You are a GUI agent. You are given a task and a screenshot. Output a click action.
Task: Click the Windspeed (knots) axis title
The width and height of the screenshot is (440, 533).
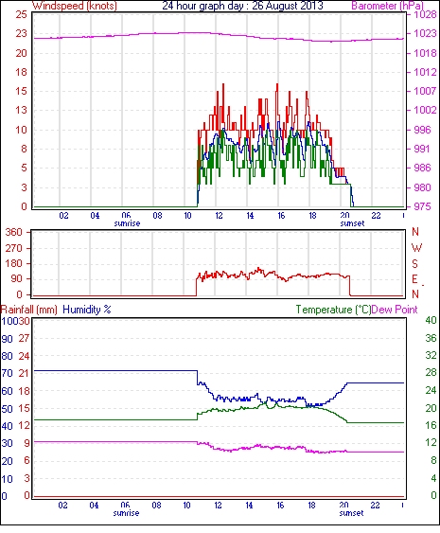pyautogui.click(x=75, y=6)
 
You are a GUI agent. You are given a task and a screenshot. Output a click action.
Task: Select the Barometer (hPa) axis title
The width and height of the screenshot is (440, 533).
pyautogui.click(x=388, y=6)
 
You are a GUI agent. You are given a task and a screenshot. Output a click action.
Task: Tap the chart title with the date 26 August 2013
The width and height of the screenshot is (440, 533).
pyautogui.click(x=242, y=6)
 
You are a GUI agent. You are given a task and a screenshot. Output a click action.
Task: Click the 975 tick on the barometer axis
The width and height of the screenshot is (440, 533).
pyautogui.click(x=422, y=206)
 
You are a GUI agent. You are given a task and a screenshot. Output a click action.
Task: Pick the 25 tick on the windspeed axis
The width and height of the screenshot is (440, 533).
pyautogui.click(x=21, y=14)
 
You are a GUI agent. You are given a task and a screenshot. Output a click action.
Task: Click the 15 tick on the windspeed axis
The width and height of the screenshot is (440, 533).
pyautogui.click(x=21, y=91)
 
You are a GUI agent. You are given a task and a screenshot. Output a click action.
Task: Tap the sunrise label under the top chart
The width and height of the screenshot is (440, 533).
pyautogui.click(x=127, y=223)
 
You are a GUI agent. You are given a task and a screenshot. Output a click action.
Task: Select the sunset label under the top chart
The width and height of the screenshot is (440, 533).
pyautogui.click(x=352, y=223)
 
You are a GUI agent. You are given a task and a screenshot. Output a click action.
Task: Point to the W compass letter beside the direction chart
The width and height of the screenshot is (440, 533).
pyautogui.click(x=416, y=248)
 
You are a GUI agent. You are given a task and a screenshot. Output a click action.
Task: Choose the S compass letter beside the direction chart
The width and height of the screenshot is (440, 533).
pyautogui.click(x=414, y=263)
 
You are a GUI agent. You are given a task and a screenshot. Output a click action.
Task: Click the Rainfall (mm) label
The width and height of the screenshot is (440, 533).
pyautogui.click(x=28, y=310)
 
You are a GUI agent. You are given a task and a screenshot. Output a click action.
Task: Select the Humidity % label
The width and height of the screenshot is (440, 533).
pyautogui.click(x=87, y=310)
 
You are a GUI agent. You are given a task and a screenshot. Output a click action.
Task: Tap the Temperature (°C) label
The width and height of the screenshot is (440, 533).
pyautogui.click(x=333, y=310)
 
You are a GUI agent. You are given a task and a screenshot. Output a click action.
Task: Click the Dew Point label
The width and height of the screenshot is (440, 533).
pyautogui.click(x=395, y=310)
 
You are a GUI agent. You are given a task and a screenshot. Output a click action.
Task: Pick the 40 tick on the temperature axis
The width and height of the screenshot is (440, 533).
pyautogui.click(x=431, y=320)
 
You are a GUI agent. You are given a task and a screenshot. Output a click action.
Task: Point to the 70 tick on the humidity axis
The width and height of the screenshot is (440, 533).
pyautogui.click(x=7, y=374)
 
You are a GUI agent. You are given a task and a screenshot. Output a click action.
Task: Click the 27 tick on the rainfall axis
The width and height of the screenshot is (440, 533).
pyautogui.click(x=24, y=339)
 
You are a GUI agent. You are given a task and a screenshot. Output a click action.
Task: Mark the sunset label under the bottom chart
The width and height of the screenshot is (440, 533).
pyautogui.click(x=351, y=513)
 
